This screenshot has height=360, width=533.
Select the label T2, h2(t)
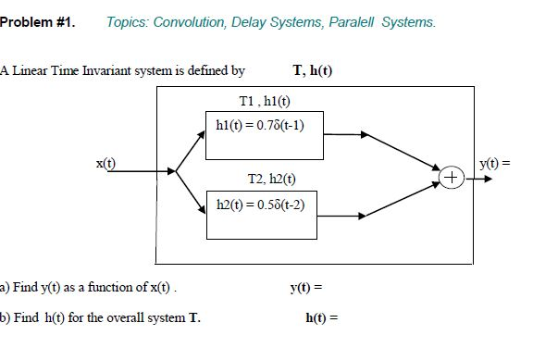(266, 177)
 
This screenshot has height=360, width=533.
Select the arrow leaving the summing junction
(473, 176)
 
